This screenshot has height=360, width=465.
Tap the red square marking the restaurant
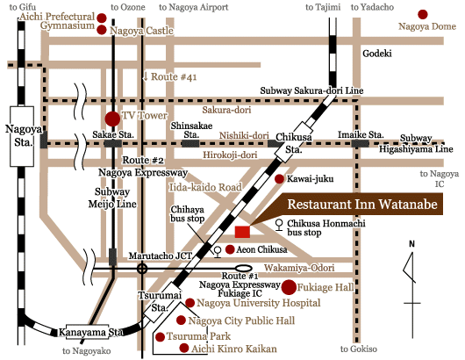point(242,232)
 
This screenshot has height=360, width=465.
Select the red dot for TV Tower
point(111,118)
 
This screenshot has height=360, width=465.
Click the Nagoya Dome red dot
point(423,15)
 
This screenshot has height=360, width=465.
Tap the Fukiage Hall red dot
point(288,286)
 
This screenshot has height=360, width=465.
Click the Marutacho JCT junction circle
point(142,268)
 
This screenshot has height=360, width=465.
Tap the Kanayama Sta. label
point(89,333)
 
